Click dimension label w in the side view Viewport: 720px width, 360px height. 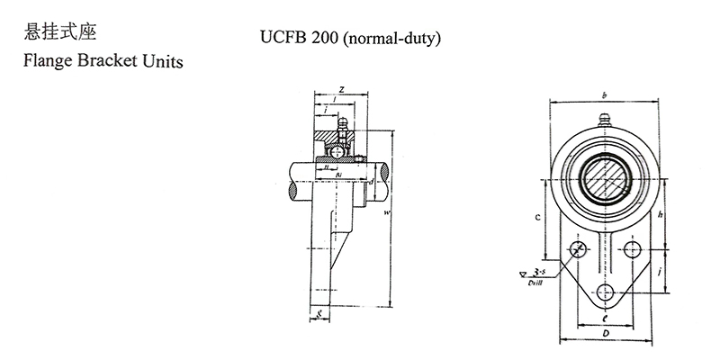386,213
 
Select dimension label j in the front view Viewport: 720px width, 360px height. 661,268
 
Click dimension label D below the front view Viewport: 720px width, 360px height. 605,333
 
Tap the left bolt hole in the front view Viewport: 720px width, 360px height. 579,249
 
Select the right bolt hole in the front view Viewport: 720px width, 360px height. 633,249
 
